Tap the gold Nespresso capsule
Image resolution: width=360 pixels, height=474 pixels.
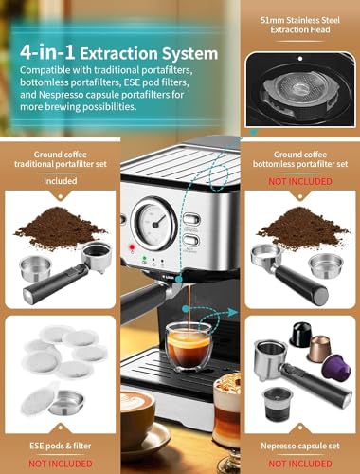321,339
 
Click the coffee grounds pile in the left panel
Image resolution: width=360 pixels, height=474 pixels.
62,226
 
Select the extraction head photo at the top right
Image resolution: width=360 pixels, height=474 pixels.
300,87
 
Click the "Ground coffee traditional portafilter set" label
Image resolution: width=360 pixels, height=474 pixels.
59,154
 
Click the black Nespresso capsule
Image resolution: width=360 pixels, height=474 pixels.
300,334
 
